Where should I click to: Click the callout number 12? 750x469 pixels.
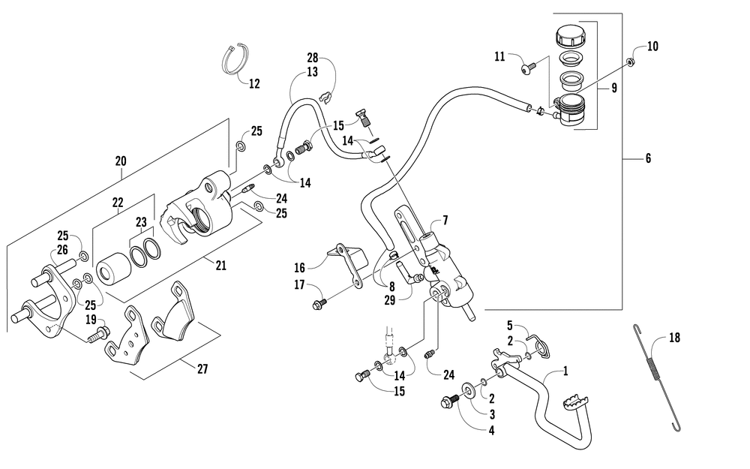254,84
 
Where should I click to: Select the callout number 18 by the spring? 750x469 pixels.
674,338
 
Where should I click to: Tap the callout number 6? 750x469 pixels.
648,158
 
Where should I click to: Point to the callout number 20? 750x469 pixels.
121,161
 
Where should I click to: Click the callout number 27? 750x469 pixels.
202,369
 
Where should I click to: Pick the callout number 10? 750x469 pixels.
653,47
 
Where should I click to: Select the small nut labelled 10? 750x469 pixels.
631,62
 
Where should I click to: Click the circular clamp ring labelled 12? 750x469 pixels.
235,61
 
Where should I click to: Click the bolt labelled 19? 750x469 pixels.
99,334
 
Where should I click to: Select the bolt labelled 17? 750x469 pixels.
319,303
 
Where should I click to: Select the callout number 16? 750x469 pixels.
299,267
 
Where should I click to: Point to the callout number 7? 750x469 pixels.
445,221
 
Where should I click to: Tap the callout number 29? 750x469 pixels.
390,301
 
